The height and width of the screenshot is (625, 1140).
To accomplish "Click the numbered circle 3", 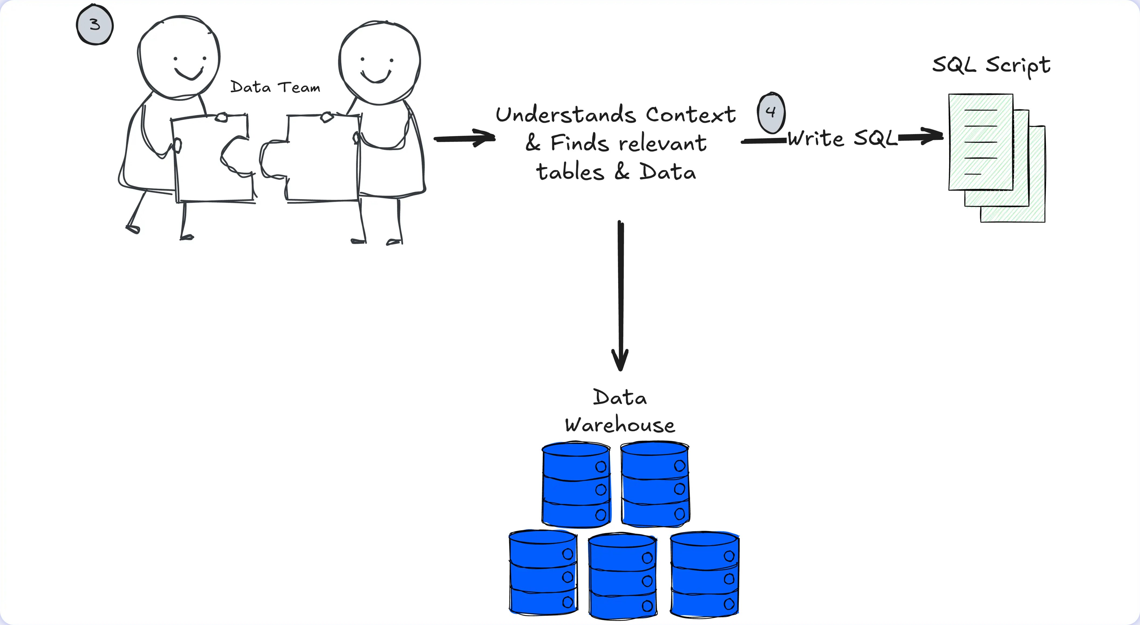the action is (95, 24).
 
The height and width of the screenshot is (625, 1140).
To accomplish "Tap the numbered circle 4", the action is (771, 112).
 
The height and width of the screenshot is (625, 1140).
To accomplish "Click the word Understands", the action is (566, 115).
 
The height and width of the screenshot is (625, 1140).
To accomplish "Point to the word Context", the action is (691, 115).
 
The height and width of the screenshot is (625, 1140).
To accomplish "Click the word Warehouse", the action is (620, 425).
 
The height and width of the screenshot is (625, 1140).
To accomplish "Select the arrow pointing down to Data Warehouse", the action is (621, 296).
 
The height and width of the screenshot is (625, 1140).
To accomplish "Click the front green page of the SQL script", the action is (981, 142).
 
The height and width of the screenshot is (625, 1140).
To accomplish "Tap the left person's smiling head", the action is (179, 57).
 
